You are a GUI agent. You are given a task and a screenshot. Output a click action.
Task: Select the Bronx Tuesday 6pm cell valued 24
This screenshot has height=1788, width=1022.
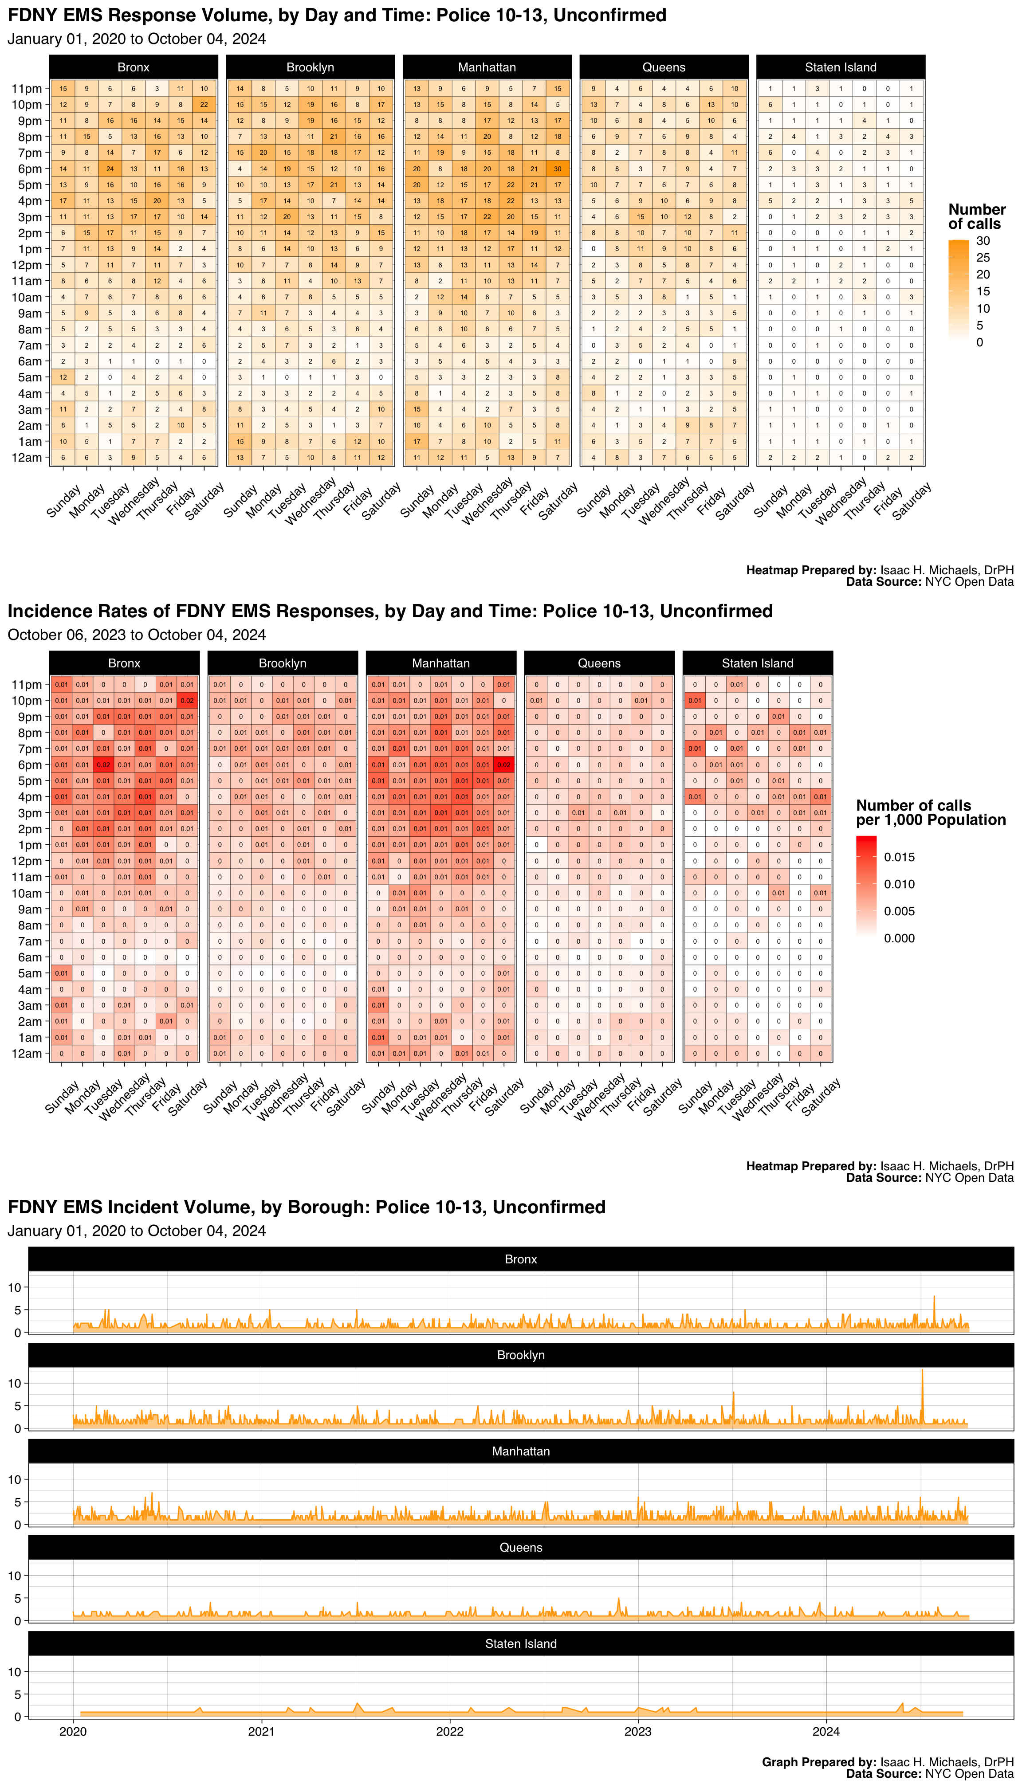pos(110,169)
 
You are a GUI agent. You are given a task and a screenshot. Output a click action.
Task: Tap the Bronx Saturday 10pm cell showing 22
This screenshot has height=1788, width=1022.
pos(204,105)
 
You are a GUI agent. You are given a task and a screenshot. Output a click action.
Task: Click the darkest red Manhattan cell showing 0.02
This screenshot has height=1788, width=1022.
pos(504,765)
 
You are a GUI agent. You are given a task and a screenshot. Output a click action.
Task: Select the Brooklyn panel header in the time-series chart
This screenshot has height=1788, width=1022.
pos(521,1355)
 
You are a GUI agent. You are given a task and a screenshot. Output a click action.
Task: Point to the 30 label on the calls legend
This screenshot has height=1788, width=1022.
pos(983,241)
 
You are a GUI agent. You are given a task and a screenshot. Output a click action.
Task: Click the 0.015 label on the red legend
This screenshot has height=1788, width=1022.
pos(899,857)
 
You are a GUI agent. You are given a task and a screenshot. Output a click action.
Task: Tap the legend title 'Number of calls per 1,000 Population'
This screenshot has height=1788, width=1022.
pos(930,812)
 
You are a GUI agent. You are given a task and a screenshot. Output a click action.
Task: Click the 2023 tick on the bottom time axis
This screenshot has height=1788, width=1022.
pos(637,1731)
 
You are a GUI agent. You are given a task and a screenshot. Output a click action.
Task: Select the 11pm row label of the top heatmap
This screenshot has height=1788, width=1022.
pos(27,88)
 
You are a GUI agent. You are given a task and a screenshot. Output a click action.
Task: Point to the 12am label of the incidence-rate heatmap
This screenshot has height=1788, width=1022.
pos(27,1053)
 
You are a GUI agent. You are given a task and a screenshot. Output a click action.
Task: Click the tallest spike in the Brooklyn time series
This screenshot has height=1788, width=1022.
pos(922,1370)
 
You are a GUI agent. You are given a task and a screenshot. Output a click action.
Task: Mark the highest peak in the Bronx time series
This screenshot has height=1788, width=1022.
pos(934,1297)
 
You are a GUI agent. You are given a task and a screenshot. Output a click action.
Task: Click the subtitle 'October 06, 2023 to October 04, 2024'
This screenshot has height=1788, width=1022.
pos(137,635)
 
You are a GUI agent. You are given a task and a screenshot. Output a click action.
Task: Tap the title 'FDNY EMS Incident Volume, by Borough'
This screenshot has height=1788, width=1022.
pos(307,1207)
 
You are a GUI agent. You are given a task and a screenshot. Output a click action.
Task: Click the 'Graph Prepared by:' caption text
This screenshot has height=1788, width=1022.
pos(818,1762)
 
